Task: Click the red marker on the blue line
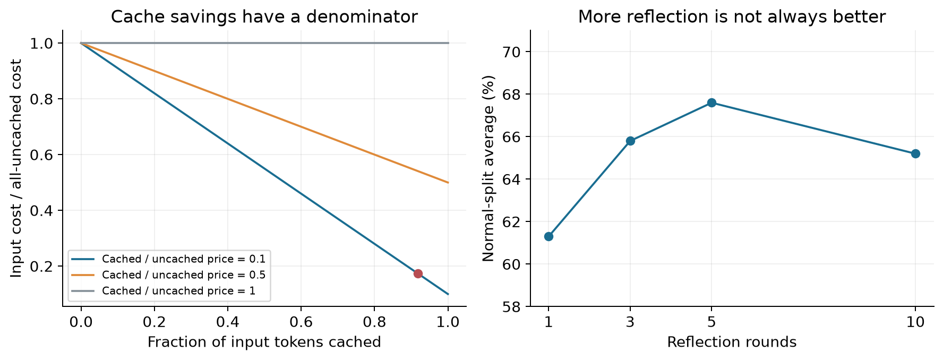(418, 273)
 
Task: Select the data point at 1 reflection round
(548, 236)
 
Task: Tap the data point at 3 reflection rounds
(630, 141)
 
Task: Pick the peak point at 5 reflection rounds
(711, 102)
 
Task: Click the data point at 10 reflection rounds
(915, 153)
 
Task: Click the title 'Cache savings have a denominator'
(264, 17)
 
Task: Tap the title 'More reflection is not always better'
(732, 17)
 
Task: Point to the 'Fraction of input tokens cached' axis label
(264, 342)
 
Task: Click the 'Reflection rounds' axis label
(732, 342)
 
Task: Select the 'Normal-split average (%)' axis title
(488, 168)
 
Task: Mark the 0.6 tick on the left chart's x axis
(301, 322)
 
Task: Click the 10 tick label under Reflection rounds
(915, 322)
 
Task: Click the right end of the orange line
(449, 183)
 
